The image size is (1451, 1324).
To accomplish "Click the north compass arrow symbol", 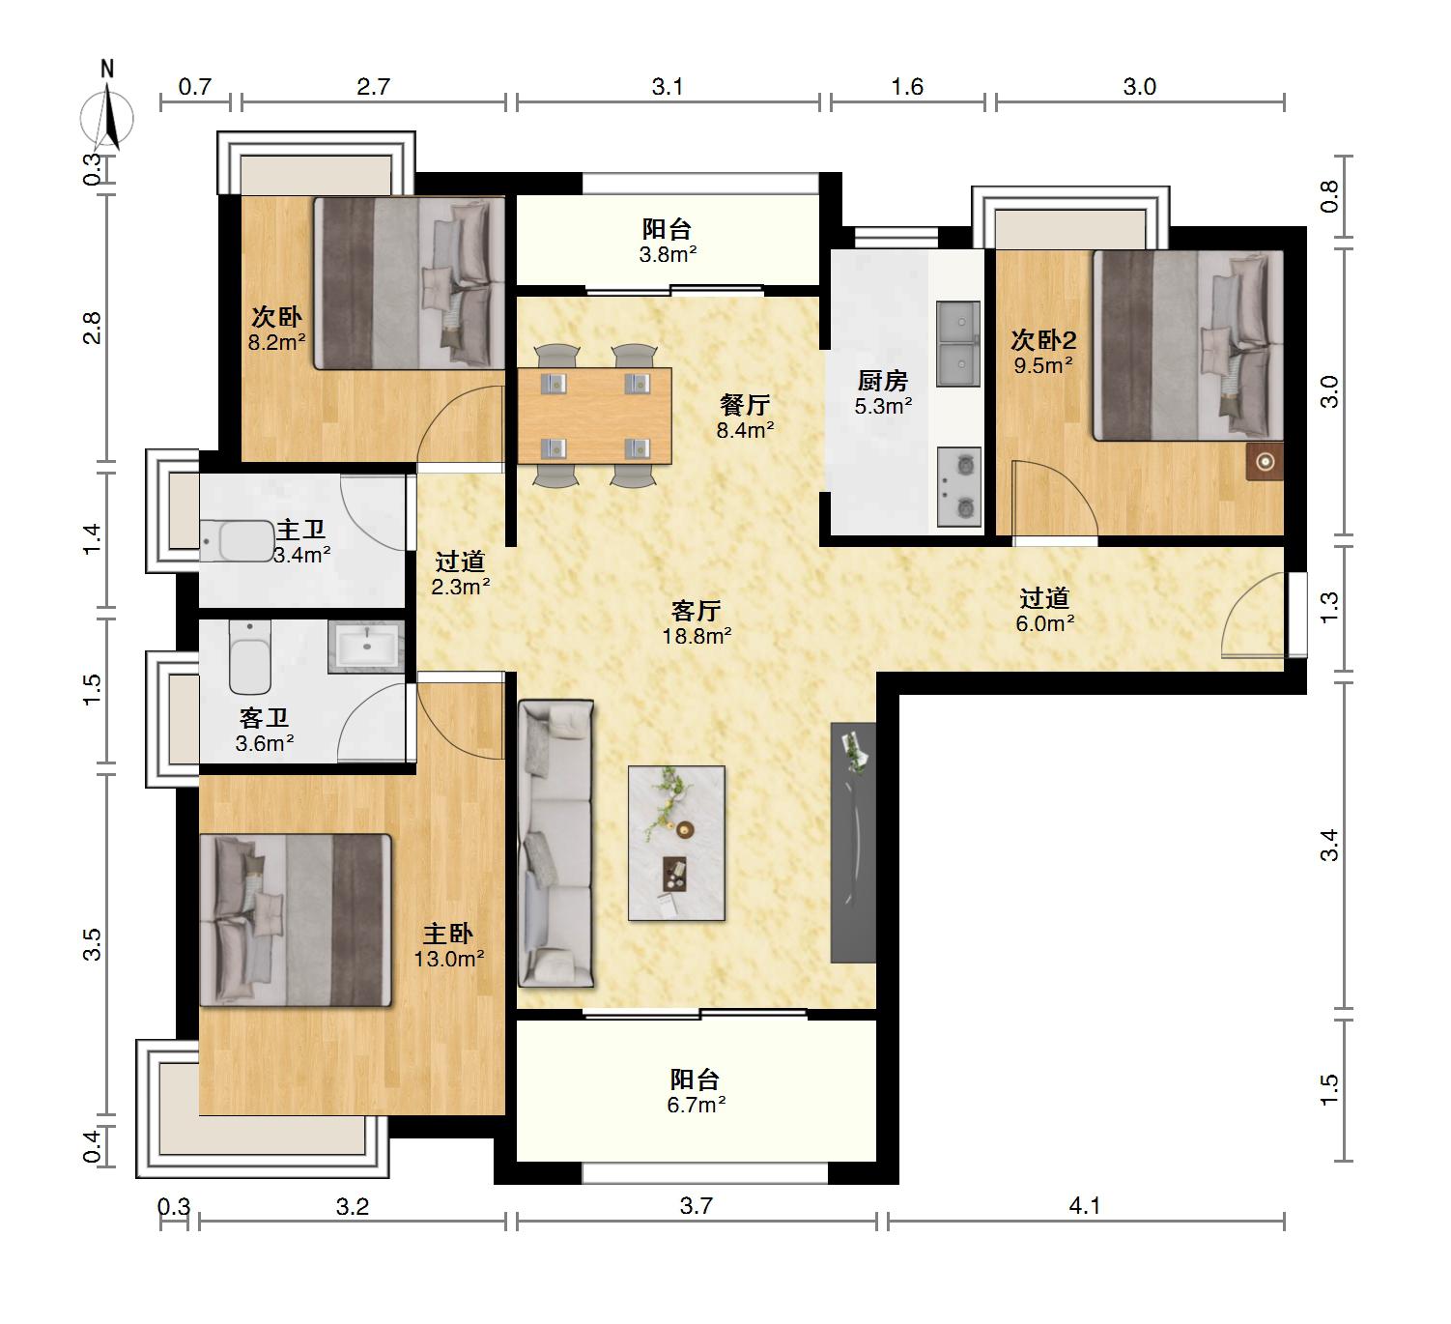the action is pyautogui.click(x=107, y=117).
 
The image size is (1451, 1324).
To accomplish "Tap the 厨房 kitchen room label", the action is pyautogui.click(x=882, y=381).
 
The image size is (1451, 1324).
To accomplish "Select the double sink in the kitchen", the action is pyautogui.click(x=958, y=344).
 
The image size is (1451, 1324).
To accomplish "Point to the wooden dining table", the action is pyautogui.click(x=594, y=417).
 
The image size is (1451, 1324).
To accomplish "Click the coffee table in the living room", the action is pyautogui.click(x=676, y=844).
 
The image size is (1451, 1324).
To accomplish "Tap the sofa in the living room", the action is pyautogui.click(x=555, y=844).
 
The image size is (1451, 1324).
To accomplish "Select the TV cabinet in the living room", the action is pyautogui.click(x=853, y=843).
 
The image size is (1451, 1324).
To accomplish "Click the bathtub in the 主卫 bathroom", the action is pyautogui.click(x=237, y=541).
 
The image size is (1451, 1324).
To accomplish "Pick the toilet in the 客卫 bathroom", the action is pyautogui.click(x=250, y=657).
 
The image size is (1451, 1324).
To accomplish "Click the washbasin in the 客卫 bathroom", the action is pyautogui.click(x=366, y=647).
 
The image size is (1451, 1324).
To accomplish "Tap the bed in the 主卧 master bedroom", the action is pyautogui.click(x=295, y=920).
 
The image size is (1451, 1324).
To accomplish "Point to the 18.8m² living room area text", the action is pyautogui.click(x=697, y=636).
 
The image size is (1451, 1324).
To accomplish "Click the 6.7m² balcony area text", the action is pyautogui.click(x=696, y=1105).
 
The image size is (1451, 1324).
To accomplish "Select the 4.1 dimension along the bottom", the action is pyautogui.click(x=1084, y=1206).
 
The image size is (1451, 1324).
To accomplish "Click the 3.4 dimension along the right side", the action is pyautogui.click(x=1329, y=845).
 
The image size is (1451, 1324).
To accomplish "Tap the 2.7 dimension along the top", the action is pyautogui.click(x=373, y=87).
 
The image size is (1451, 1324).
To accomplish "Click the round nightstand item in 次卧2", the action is pyautogui.click(x=1265, y=461).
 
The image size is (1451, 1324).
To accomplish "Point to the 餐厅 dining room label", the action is pyautogui.click(x=745, y=405).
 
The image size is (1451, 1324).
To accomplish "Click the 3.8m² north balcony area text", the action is pyautogui.click(x=668, y=255).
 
